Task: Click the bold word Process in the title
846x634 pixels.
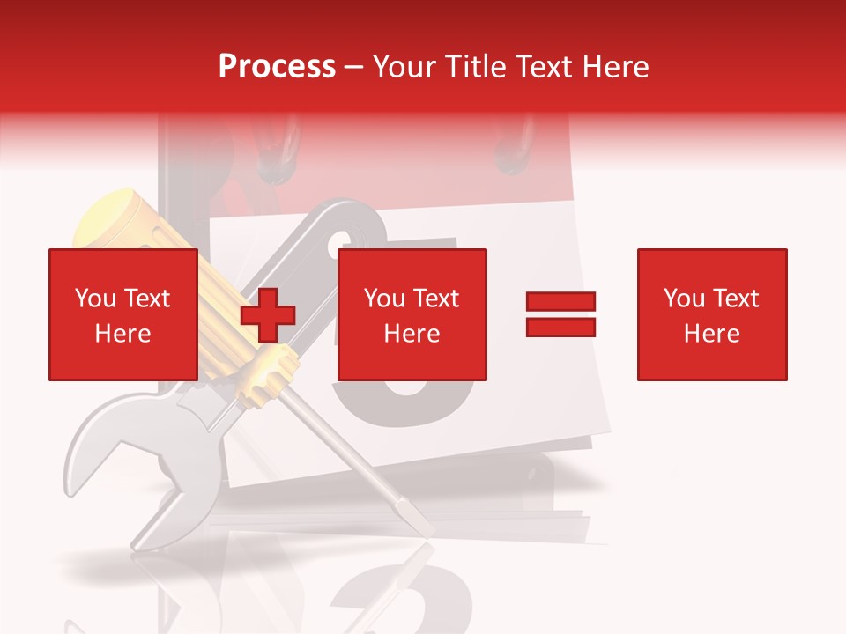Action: tap(277, 67)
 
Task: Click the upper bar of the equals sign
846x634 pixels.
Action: tap(560, 301)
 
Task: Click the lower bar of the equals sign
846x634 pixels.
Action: tap(560, 328)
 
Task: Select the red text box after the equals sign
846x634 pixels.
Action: tap(711, 314)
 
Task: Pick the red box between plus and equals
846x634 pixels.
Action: tap(412, 314)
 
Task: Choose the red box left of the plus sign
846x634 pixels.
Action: tap(122, 314)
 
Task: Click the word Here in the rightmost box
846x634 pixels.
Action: tap(711, 334)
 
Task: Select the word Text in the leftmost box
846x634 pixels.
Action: tap(146, 299)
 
